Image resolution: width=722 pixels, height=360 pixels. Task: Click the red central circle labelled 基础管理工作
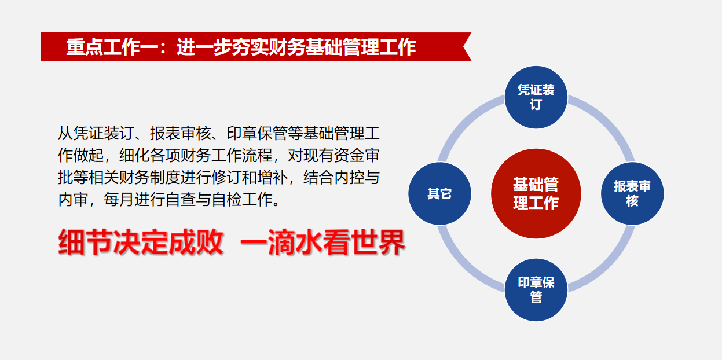click(536, 194)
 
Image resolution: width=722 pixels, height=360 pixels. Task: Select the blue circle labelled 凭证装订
click(536, 97)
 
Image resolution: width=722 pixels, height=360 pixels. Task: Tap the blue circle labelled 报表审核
click(632, 194)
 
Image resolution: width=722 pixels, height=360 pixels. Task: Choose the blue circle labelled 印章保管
click(536, 290)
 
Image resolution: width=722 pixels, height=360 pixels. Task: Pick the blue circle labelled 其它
click(439, 194)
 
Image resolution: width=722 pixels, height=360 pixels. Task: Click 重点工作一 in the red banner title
click(112, 47)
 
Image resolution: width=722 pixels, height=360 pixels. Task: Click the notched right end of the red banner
click(464, 47)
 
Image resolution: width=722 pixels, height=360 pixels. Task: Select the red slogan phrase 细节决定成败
click(141, 243)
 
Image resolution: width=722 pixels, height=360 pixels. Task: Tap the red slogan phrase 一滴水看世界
click(323, 243)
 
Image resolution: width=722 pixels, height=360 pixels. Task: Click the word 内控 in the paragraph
click(349, 178)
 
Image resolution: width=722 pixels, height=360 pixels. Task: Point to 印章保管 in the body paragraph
click(257, 134)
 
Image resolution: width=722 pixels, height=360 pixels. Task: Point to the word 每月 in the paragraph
click(119, 200)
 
